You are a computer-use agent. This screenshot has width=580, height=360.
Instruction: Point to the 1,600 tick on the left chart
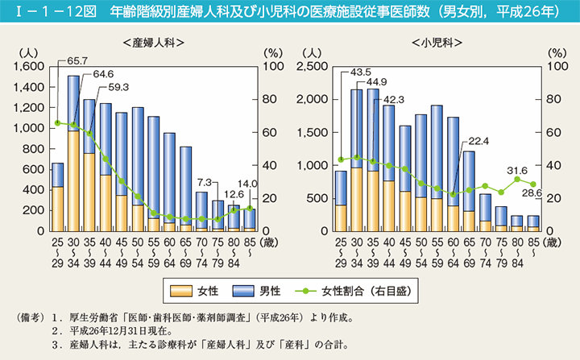coord(31,66)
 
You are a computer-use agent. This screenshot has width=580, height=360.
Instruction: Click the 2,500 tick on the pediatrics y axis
coord(315,66)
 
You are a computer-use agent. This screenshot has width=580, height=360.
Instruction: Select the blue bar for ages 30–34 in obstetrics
coord(73,103)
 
